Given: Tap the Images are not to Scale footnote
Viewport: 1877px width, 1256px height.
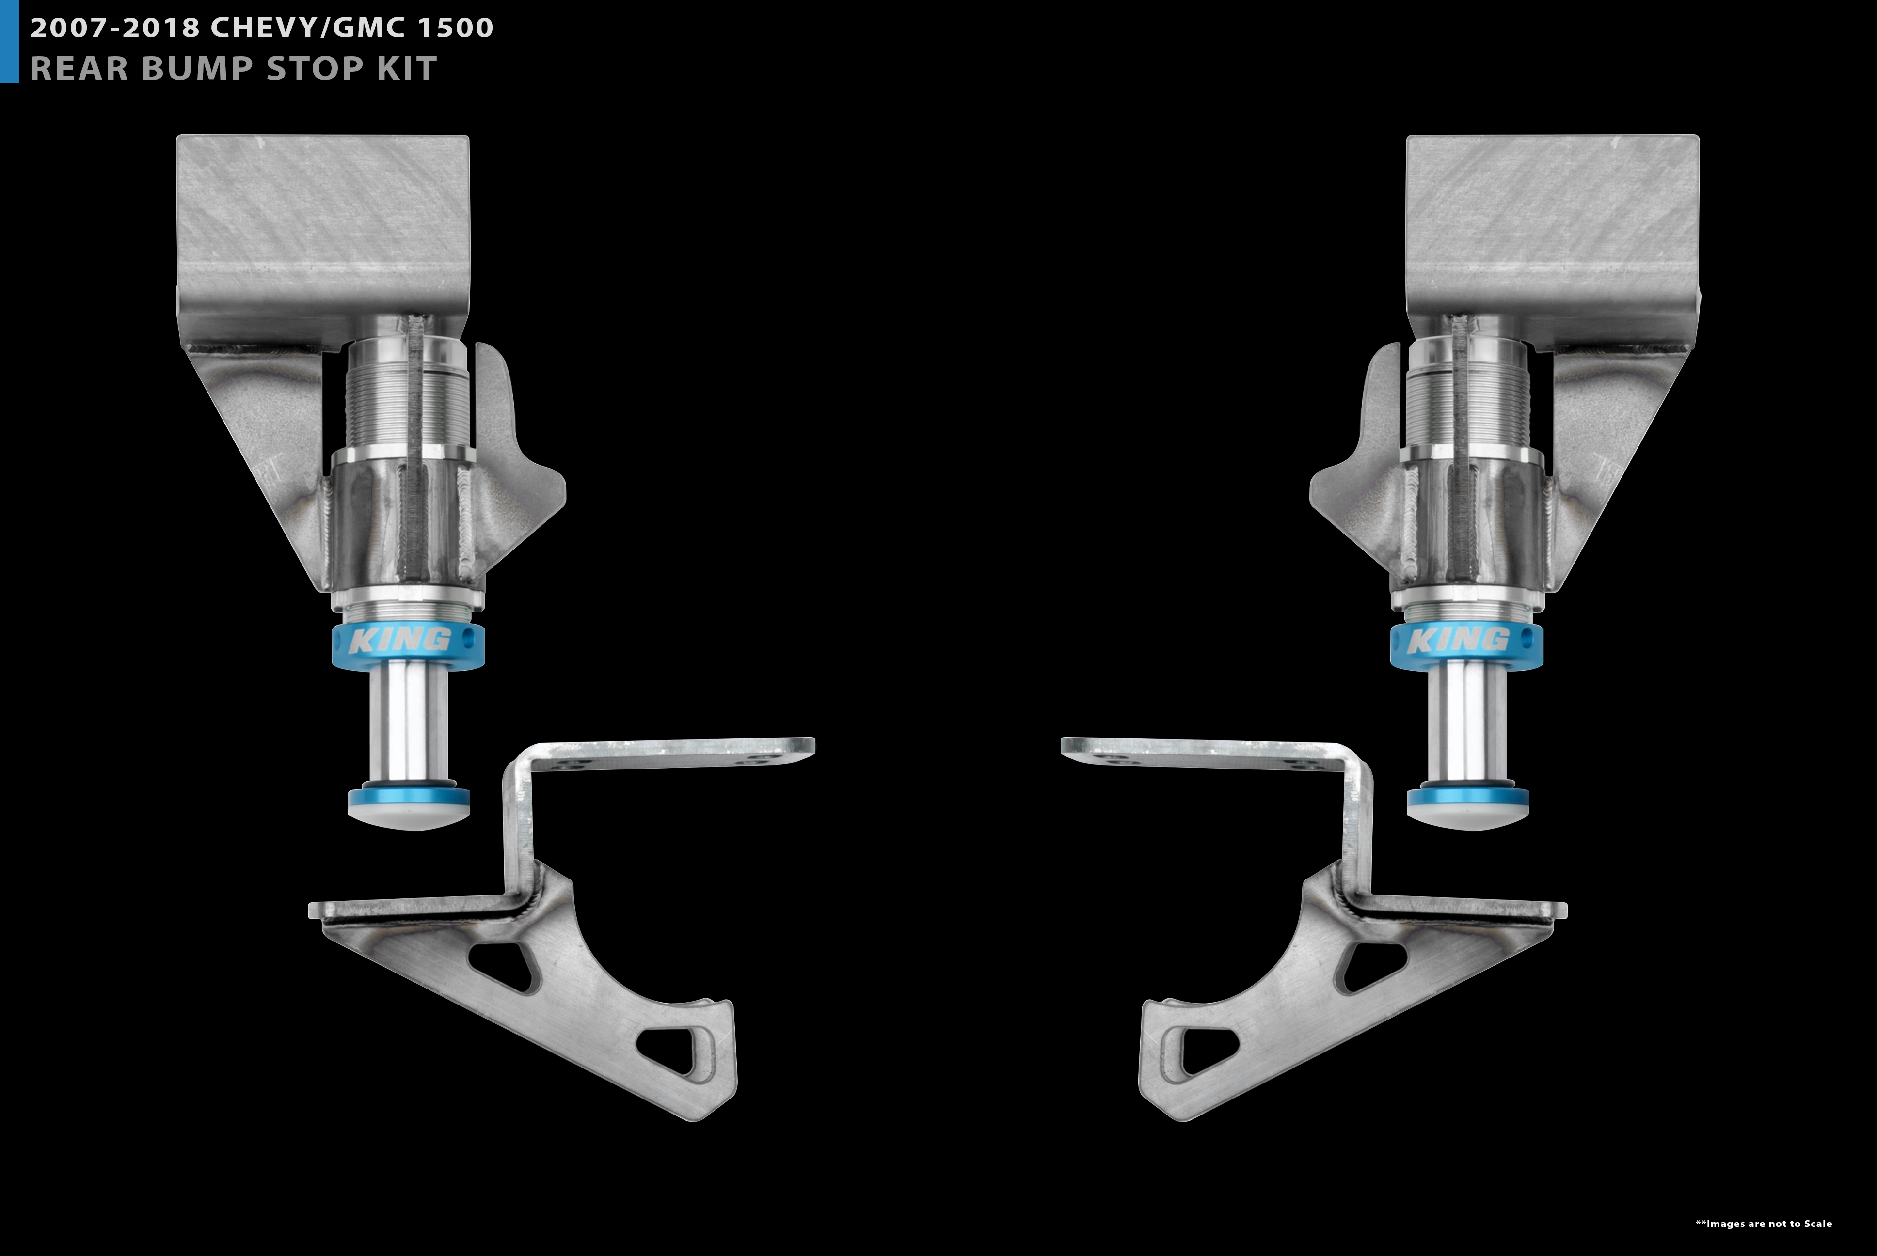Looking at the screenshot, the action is pos(1763,1223).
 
